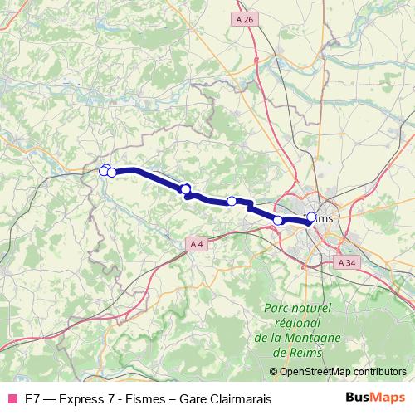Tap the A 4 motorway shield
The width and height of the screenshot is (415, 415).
[x=196, y=243]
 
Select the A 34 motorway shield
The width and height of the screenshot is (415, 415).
[x=347, y=262]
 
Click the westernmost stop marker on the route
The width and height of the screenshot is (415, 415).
[x=105, y=171]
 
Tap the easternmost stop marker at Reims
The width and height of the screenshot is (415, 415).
[x=311, y=217]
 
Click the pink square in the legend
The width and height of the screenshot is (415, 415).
[x=12, y=399]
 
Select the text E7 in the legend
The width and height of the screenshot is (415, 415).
[x=34, y=399]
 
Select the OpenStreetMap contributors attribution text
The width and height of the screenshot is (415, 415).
[x=343, y=372]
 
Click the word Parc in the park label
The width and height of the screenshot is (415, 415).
[x=277, y=307]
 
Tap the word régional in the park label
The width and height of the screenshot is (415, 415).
[x=296, y=322]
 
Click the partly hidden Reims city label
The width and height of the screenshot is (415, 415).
[x=323, y=218]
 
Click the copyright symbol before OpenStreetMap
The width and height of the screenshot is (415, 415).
[x=274, y=372]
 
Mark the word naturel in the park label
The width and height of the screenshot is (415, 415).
[x=313, y=307]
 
